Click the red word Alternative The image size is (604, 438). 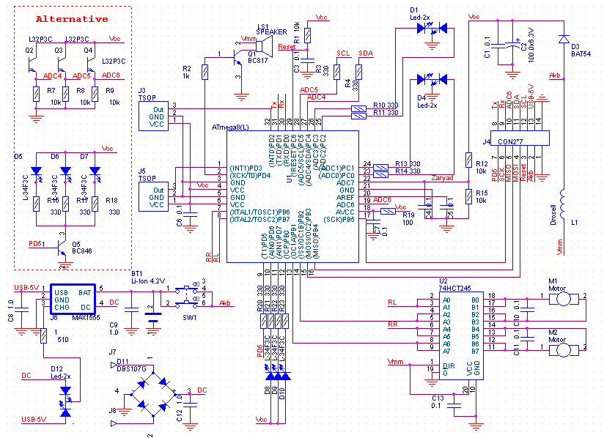(72, 18)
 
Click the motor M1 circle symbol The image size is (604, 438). (563, 298)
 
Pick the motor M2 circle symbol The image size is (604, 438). (563, 350)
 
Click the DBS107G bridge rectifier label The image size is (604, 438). (132, 368)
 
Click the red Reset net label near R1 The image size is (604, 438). (287, 46)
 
